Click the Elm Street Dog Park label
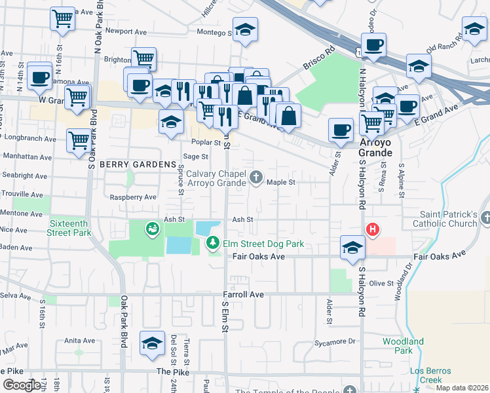coord(264,244)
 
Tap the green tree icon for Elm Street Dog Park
coord(213,244)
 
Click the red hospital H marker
coord(372,229)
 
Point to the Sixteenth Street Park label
coord(69,227)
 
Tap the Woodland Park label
coord(403,346)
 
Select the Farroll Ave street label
coord(243,295)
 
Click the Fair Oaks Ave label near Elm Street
coord(259,257)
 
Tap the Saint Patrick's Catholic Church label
coord(449,219)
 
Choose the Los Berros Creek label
coord(430,375)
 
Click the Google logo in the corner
coord(22,385)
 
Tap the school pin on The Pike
coord(152,344)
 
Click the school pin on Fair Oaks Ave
coord(352,248)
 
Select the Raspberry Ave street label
coord(133,197)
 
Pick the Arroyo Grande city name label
coord(375,147)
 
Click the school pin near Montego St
coord(245,29)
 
